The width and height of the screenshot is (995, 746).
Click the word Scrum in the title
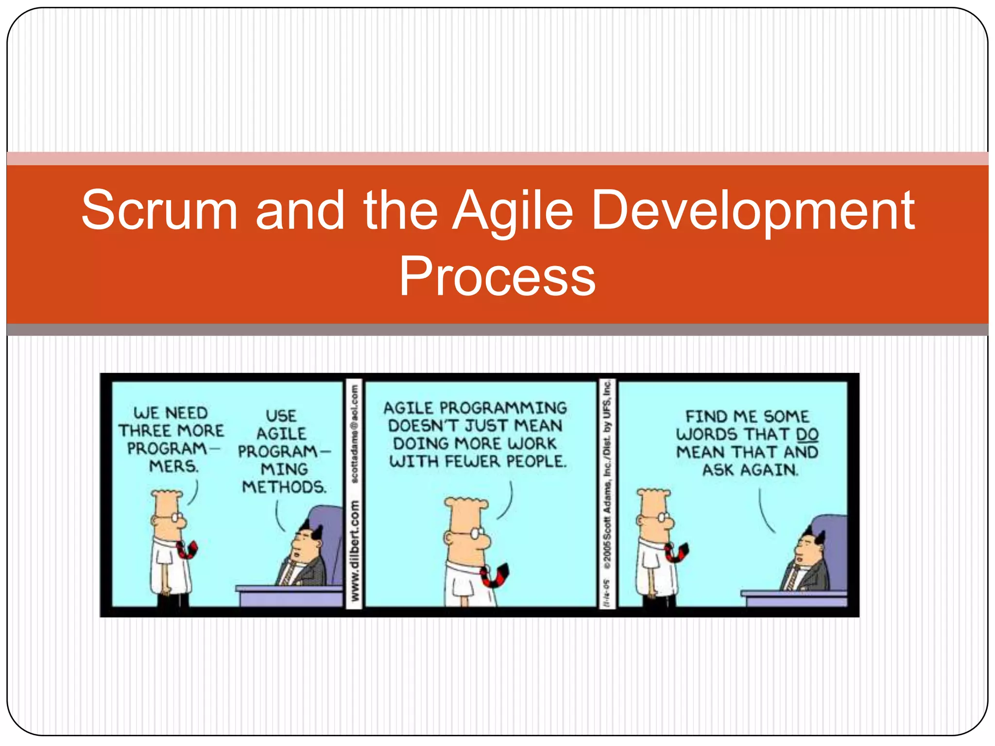click(159, 210)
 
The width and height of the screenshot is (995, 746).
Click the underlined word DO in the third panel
click(807, 434)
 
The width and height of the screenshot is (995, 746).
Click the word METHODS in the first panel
click(284, 487)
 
